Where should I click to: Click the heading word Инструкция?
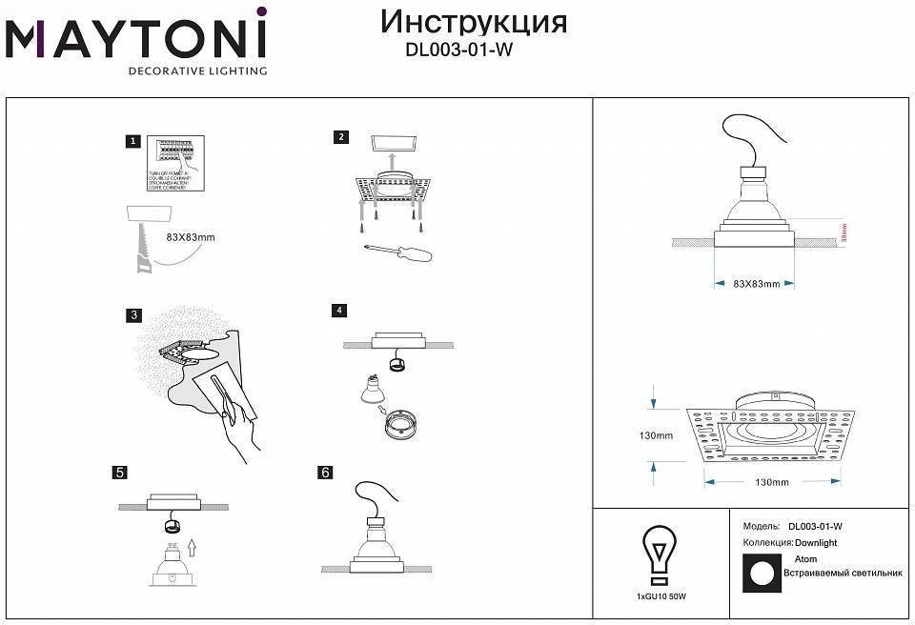tap(474, 22)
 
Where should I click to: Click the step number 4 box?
tap(339, 311)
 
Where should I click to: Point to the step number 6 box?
tap(326, 473)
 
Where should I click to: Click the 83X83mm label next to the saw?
tap(190, 236)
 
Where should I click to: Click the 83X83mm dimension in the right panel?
tap(757, 284)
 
